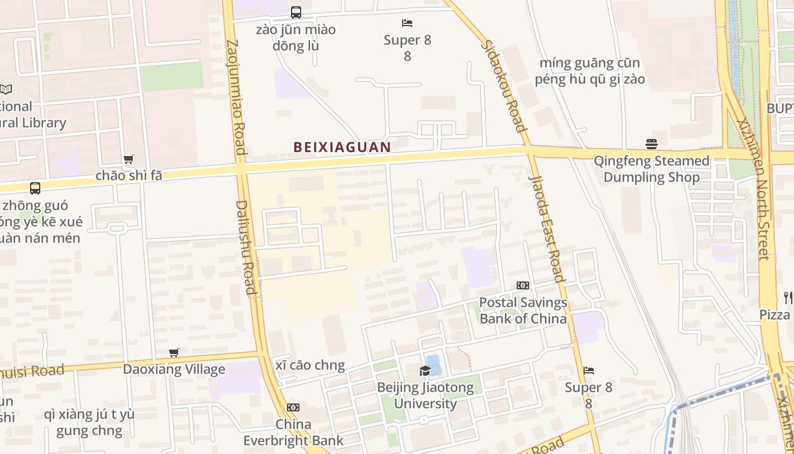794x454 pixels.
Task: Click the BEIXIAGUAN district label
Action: click(342, 147)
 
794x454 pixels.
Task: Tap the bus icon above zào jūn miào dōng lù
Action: click(295, 12)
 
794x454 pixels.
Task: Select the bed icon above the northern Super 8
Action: click(407, 23)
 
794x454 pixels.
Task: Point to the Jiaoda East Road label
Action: click(547, 227)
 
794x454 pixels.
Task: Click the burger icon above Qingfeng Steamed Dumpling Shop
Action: click(651, 144)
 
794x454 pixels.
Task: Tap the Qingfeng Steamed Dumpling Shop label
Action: click(651, 169)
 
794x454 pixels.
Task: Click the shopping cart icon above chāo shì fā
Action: click(129, 159)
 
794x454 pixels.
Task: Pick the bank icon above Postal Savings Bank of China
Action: click(522, 285)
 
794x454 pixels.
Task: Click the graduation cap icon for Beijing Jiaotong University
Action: click(425, 371)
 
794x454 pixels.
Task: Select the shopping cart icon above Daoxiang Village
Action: click(174, 353)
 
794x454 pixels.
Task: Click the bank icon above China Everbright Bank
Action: click(293, 407)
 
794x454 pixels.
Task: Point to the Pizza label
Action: click(775, 314)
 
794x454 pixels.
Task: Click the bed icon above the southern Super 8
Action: click(589, 371)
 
